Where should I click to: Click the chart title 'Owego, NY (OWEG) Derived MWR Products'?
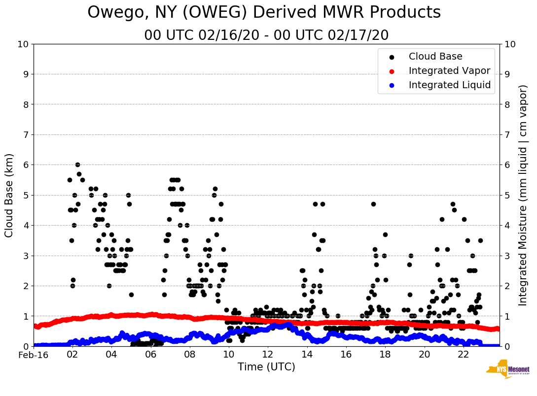click(x=264, y=13)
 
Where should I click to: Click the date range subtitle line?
click(x=266, y=35)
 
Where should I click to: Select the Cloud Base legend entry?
click(x=435, y=57)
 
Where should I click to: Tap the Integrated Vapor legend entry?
click(x=449, y=71)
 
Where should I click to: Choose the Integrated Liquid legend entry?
click(x=450, y=85)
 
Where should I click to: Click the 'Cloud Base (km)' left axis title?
click(x=9, y=195)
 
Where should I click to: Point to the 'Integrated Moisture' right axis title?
click(x=523, y=195)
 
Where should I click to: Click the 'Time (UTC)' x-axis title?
click(x=266, y=367)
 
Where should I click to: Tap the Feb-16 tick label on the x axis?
click(x=34, y=355)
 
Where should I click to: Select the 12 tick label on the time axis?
click(x=268, y=355)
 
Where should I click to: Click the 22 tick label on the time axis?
click(x=463, y=355)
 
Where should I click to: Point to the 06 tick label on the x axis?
click(x=150, y=355)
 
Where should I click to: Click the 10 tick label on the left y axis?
click(x=23, y=44)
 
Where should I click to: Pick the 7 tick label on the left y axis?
click(x=26, y=134)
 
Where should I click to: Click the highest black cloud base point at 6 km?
click(x=77, y=165)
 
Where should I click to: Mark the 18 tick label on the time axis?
click(x=385, y=355)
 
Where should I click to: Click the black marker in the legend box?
click(x=392, y=57)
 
